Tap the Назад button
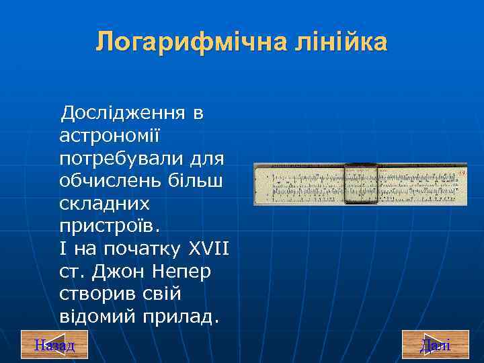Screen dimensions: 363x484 coord(54,346)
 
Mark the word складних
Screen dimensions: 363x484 coord(104,204)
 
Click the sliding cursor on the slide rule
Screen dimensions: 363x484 coord(360,184)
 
